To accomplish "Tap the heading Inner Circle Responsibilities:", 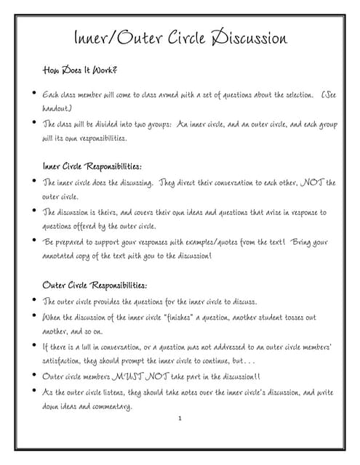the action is coord(92,166).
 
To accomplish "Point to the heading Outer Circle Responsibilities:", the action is coord(95,285).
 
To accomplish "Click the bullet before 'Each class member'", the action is coord(33,93).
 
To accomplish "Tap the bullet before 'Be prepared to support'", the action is coord(33,240).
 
